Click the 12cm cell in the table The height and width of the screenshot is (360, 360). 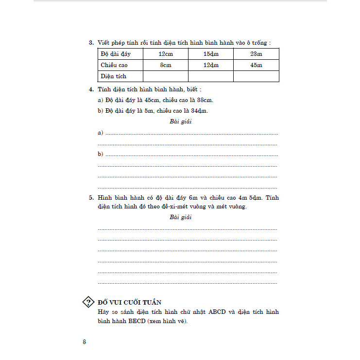coord(165,53)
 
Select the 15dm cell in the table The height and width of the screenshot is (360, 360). coord(211,53)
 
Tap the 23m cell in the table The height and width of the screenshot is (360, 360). coord(256,53)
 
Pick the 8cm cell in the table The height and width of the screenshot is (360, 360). coord(165,65)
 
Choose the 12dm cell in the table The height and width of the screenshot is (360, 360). coord(211,65)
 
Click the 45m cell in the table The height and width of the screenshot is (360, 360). coord(256,65)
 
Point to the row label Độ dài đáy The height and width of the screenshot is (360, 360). coord(115,53)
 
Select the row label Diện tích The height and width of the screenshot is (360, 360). coord(113,76)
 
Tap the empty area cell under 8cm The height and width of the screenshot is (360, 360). coord(165,76)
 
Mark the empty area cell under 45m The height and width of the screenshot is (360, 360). coord(256,76)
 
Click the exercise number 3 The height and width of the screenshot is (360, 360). coord(91,43)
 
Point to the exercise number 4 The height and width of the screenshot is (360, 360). coord(91,90)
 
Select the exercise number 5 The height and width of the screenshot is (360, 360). coord(91,198)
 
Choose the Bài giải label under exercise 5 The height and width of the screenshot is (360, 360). coord(181,217)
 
